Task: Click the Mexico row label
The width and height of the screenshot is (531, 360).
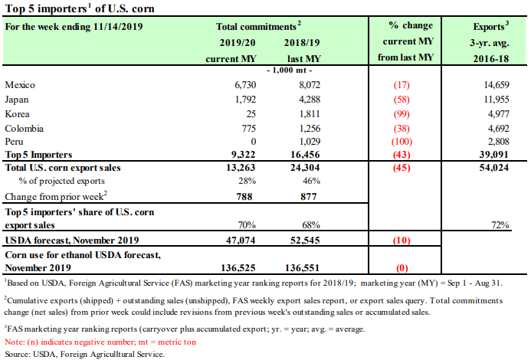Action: click(x=20, y=85)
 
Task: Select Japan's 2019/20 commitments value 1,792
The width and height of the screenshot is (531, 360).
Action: click(x=245, y=100)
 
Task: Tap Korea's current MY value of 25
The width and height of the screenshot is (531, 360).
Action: click(x=251, y=114)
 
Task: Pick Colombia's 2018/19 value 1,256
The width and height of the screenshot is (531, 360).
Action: click(x=310, y=129)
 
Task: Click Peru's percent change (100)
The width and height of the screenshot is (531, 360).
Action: click(x=402, y=142)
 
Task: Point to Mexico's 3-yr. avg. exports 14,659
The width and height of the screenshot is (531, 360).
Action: click(x=497, y=85)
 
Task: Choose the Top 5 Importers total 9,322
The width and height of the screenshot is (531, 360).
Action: click(x=243, y=155)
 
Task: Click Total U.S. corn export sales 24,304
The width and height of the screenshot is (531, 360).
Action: click(x=305, y=168)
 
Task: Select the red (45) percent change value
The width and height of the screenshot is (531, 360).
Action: click(x=402, y=168)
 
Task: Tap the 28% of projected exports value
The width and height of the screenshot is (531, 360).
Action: click(x=247, y=181)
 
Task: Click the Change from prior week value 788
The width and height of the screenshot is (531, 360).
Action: click(x=244, y=197)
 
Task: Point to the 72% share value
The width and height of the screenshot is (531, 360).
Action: click(x=500, y=225)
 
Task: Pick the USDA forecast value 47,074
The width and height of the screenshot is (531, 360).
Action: click(x=241, y=241)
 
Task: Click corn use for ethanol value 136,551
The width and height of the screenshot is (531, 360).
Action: click(x=302, y=268)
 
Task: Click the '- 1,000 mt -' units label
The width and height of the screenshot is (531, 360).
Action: click(x=290, y=70)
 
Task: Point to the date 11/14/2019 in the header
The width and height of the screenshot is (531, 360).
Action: click(x=118, y=26)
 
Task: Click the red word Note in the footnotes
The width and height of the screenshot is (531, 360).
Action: click(x=15, y=342)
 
